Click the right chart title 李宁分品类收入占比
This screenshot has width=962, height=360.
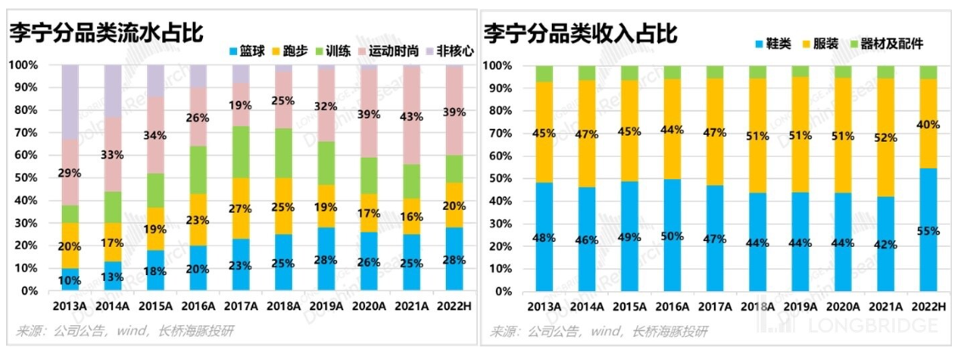coord(582,33)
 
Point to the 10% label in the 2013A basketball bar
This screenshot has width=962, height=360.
coord(70,280)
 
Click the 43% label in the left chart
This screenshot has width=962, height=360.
coord(410,115)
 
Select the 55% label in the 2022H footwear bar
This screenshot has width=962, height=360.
coord(928,231)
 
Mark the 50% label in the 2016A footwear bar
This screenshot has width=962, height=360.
coord(672,237)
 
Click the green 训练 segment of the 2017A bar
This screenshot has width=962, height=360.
coord(241,152)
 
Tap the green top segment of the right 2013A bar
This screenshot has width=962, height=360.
coord(544,74)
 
